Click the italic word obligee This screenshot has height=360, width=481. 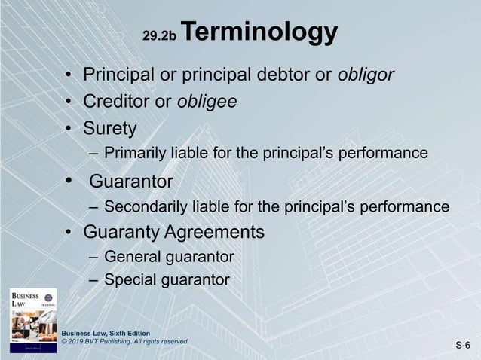(207, 102)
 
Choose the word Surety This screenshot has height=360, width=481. (110, 128)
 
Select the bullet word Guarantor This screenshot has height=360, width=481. (131, 182)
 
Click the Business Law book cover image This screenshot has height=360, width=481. (33, 319)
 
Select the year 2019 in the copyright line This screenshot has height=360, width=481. (80, 342)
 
